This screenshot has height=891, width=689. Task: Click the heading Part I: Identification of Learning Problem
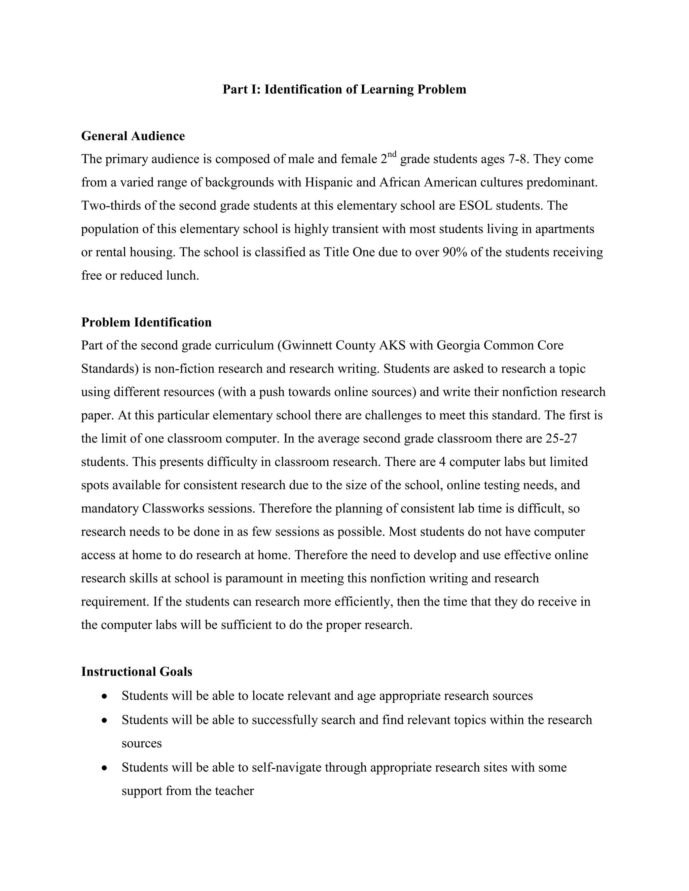pyautogui.click(x=344, y=89)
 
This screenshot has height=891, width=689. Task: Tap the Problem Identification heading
pyautogui.click(x=146, y=322)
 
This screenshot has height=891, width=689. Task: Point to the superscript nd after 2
pyautogui.click(x=392, y=154)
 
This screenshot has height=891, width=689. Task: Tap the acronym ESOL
pyautogui.click(x=475, y=206)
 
